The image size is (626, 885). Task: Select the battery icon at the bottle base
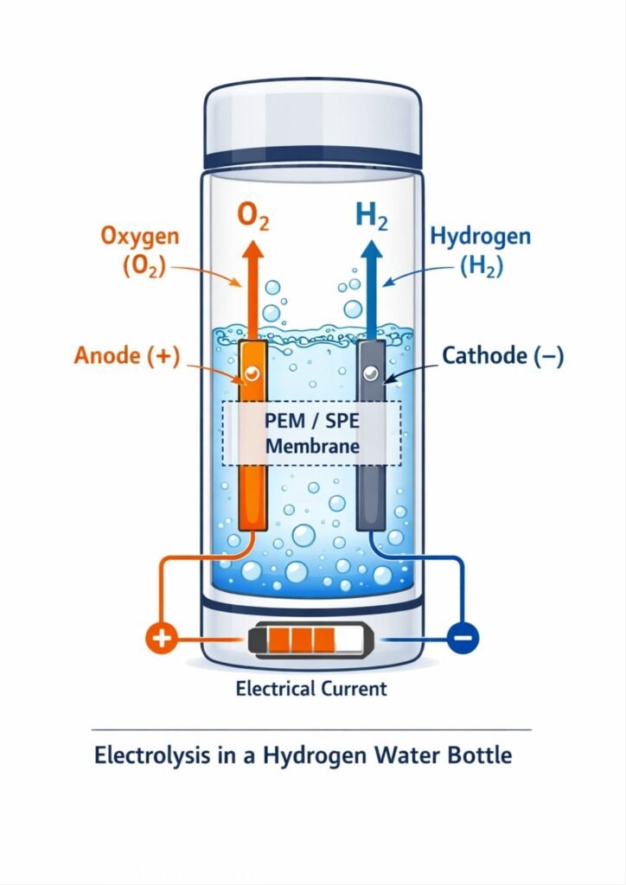(313, 640)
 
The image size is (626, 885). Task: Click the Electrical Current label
(311, 689)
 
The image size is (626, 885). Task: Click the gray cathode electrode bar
(371, 493)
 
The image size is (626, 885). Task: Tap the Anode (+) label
(127, 356)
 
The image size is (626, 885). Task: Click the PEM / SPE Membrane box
(312, 435)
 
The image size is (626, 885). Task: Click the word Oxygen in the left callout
(139, 236)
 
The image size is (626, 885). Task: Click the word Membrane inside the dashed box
(312, 447)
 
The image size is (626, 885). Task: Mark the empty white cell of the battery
(348, 640)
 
